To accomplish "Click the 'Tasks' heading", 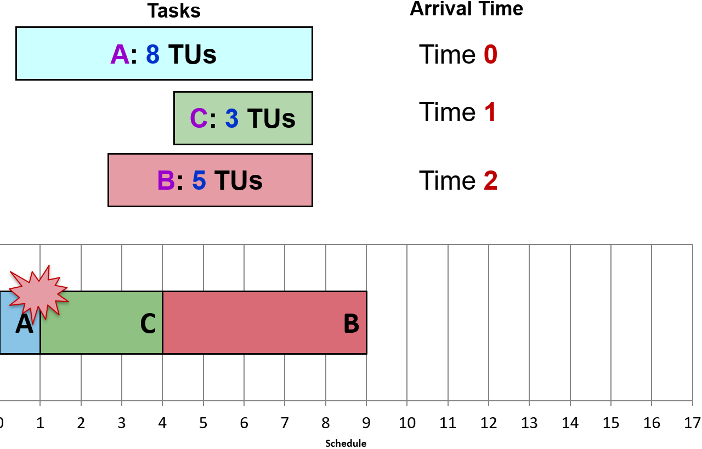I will click(x=173, y=11).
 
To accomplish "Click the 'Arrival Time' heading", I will click(x=466, y=9).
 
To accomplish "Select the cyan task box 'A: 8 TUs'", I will click(x=164, y=54).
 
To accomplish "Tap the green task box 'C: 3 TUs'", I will click(x=243, y=118).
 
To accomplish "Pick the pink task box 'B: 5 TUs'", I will click(x=210, y=180).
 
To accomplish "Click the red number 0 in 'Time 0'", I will click(x=490, y=55).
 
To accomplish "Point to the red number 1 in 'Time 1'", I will click(x=490, y=112).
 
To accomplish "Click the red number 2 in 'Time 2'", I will click(x=490, y=180).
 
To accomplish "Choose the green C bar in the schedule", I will click(x=101, y=322).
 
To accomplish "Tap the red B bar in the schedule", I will click(x=264, y=322).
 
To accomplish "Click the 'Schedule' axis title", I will click(x=346, y=443).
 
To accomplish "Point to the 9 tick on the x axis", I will click(x=366, y=423).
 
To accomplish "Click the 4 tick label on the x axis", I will click(x=162, y=423).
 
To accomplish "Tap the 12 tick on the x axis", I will click(x=489, y=423).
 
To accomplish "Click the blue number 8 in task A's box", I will click(x=152, y=55).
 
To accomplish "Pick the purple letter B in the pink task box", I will click(x=166, y=180).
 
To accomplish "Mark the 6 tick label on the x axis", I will click(x=244, y=423).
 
